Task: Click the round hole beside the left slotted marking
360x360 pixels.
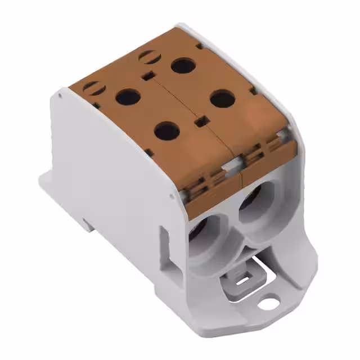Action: point(128,97)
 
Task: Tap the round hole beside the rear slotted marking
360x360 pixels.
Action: point(183,65)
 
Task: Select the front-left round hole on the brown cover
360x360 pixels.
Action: point(167,132)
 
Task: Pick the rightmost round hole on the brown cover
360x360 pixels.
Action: point(223,100)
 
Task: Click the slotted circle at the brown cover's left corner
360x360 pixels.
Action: point(91,87)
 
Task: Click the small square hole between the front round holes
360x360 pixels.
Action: point(198,120)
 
